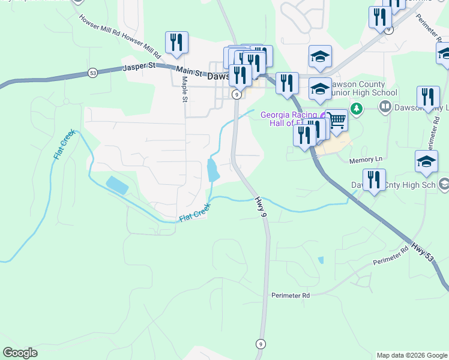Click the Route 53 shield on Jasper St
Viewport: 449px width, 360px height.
(92, 73)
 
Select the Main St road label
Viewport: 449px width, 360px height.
(188, 72)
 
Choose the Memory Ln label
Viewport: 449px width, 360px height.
(366, 160)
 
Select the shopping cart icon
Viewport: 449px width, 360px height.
(337, 121)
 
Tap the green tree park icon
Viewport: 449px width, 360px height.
(357, 109)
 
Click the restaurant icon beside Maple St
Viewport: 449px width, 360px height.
(176, 41)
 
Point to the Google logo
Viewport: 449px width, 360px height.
(20, 353)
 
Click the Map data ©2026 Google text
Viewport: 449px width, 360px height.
(411, 355)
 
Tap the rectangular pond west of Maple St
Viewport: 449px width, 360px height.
(117, 185)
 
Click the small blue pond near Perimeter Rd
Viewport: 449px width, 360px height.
(321, 260)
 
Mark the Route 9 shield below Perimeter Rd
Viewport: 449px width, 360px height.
(260, 344)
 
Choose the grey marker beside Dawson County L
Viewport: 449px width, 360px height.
(385, 109)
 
